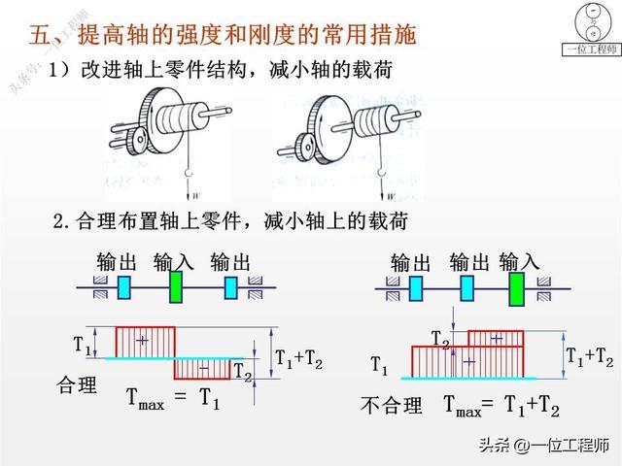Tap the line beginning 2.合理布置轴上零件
click(x=229, y=222)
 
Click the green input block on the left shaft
click(x=175, y=287)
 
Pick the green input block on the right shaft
click(x=515, y=287)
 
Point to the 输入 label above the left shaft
click(x=174, y=262)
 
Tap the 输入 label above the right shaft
click(x=520, y=262)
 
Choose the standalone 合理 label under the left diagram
click(x=78, y=385)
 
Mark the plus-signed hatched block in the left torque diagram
click(x=145, y=342)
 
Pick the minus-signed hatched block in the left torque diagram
click(x=203, y=369)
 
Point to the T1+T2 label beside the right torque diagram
click(x=589, y=356)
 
